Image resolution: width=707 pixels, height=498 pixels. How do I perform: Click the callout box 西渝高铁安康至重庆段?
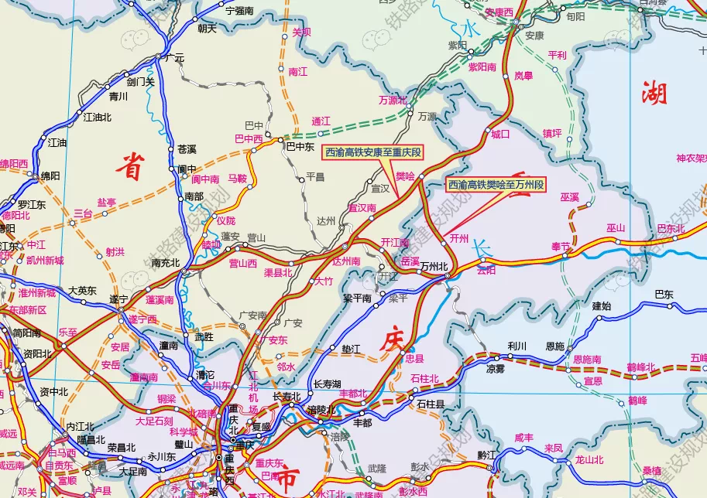[x=373, y=152]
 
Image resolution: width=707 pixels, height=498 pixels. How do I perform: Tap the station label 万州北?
[x=434, y=267]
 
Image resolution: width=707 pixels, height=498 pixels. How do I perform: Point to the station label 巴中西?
[x=249, y=139]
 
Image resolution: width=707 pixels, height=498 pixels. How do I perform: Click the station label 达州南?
[x=346, y=261]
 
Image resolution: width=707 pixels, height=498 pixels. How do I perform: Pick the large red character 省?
[x=132, y=165]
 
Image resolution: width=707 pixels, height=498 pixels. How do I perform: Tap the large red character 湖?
[x=654, y=94]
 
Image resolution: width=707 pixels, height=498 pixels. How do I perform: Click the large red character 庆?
[x=392, y=340]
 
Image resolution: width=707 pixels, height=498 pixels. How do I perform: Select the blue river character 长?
[x=482, y=250]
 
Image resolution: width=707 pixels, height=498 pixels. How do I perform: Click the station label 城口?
[x=500, y=134]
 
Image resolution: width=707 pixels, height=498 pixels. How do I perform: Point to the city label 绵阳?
[x=50, y=176]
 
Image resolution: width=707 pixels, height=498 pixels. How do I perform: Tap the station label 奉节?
[x=560, y=246]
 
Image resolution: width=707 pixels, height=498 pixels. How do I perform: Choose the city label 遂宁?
[x=118, y=298]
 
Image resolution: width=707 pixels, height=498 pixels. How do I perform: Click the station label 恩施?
[x=555, y=346]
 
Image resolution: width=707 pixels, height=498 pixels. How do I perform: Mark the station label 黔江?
[x=486, y=455]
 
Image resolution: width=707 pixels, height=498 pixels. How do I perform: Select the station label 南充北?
[x=165, y=263]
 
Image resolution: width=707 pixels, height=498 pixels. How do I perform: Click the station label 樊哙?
[x=405, y=176]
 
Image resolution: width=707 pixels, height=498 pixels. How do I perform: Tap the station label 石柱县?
[x=431, y=404]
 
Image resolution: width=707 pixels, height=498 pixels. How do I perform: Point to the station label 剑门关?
[x=141, y=81]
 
